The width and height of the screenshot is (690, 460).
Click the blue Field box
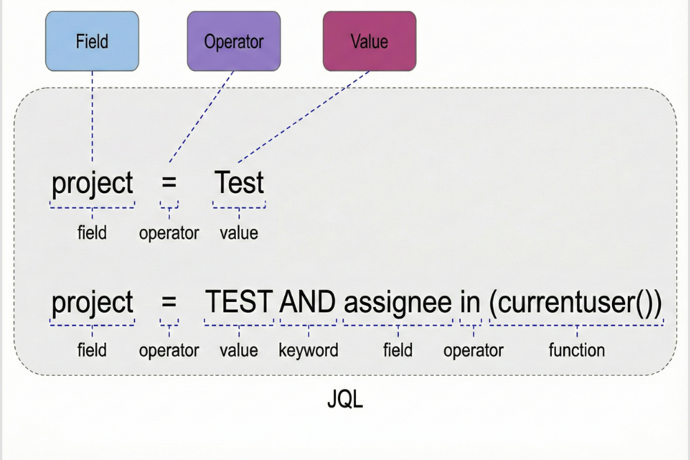[92, 41]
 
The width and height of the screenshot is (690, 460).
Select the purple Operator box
[233, 41]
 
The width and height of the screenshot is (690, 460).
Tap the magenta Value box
[369, 41]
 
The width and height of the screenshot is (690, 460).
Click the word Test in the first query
[239, 183]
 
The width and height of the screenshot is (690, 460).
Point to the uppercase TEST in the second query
[239, 303]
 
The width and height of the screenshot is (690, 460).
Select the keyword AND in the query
[308, 303]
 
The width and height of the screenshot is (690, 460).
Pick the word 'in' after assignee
[470, 303]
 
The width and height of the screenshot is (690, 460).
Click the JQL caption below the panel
[344, 400]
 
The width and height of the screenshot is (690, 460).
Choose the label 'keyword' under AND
[308, 350]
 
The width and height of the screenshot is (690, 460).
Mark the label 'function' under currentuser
[576, 350]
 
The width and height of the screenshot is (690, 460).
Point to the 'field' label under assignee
[398, 350]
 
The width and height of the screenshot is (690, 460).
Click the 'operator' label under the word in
[473, 350]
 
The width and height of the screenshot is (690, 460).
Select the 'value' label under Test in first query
[239, 233]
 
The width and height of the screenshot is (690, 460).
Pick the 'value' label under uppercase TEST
[239, 350]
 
